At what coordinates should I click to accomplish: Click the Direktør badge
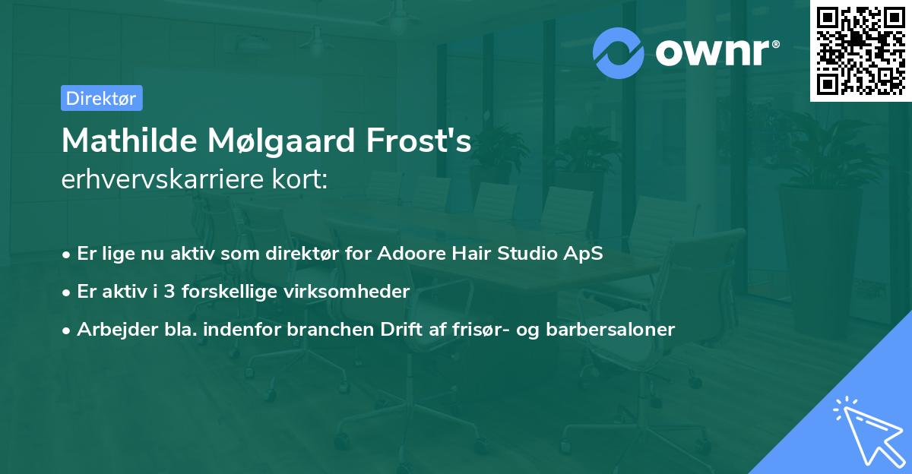coord(101,98)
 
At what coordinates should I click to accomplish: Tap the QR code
coord(861,50)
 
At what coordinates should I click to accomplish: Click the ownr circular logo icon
coord(619,53)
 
